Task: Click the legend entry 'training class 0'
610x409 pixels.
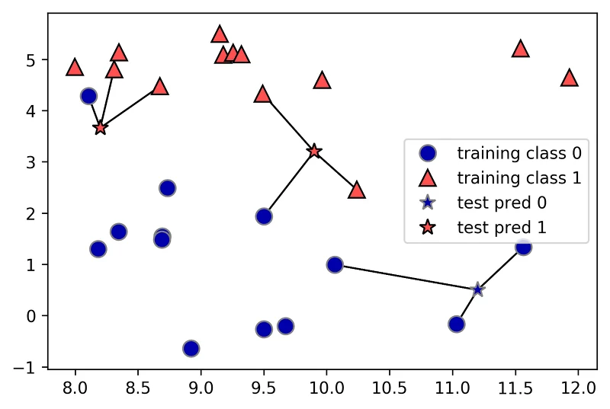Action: tap(518, 153)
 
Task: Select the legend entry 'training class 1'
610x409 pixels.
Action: tap(518, 178)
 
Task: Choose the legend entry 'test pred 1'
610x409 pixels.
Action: tap(502, 227)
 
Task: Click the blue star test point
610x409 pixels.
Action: tap(478, 289)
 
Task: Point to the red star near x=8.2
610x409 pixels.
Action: tap(100, 128)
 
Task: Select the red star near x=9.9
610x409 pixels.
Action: tap(314, 152)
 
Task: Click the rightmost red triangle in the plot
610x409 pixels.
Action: tap(569, 78)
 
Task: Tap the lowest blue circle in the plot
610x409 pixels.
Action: tap(191, 348)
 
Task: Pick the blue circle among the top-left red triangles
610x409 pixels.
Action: tap(88, 96)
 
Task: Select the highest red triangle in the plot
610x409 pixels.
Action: tap(220, 34)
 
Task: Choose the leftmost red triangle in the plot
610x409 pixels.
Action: tap(74, 67)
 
